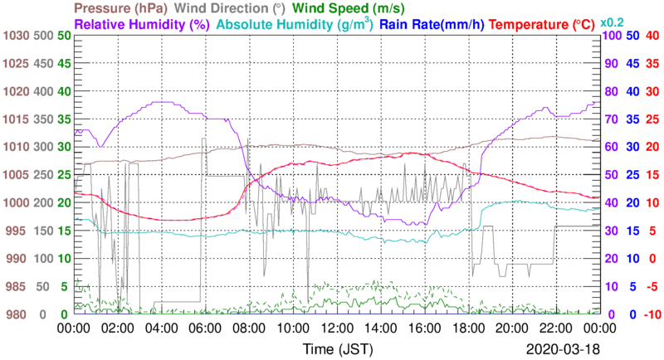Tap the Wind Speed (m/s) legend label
[349, 8]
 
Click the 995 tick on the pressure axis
[17, 231]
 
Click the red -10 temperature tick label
[651, 314]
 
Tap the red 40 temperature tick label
[652, 36]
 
